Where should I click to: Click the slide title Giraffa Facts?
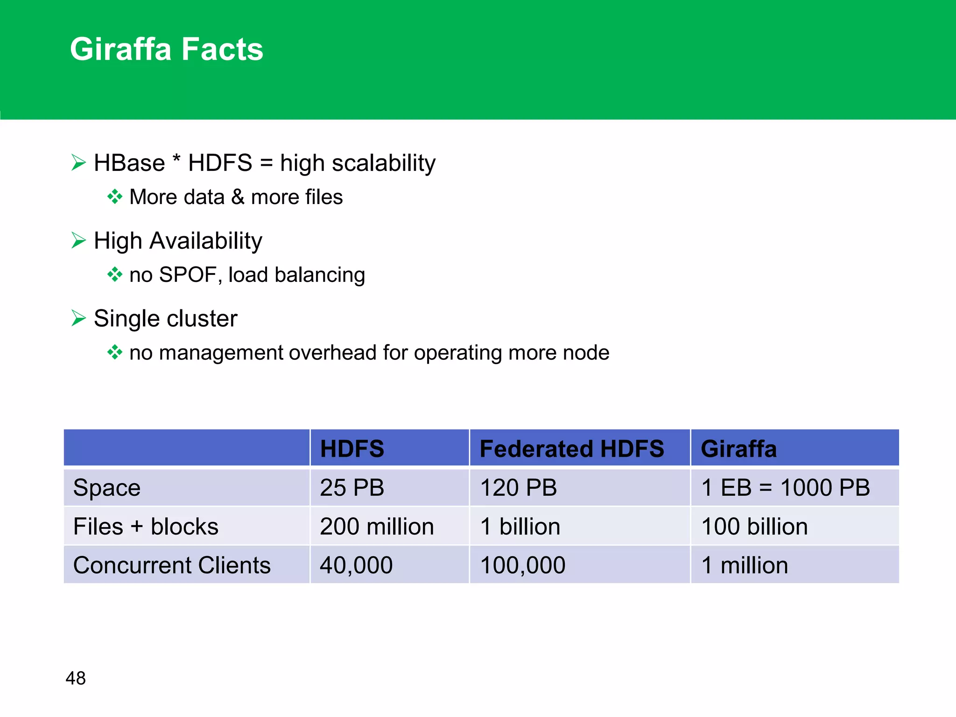[x=167, y=49]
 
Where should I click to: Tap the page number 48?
[x=76, y=678]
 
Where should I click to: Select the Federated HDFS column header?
[x=571, y=449]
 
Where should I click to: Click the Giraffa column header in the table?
[x=738, y=449]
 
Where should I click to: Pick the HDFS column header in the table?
[x=352, y=449]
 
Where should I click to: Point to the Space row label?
[x=107, y=488]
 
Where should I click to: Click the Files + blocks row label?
[x=146, y=527]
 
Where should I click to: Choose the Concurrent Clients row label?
[x=172, y=565]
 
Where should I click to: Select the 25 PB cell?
[x=352, y=488]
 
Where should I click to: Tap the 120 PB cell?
[x=519, y=488]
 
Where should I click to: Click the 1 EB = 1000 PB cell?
[x=786, y=488]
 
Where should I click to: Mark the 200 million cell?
[x=377, y=527]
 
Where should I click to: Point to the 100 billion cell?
[x=754, y=527]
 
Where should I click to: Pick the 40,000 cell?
[x=356, y=565]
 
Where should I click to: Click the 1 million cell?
[x=745, y=565]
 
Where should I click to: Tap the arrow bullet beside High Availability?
[x=78, y=240]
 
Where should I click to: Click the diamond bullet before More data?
[x=114, y=197]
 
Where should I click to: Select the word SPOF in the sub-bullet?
[x=188, y=275]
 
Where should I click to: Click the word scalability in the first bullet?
[x=383, y=163]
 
